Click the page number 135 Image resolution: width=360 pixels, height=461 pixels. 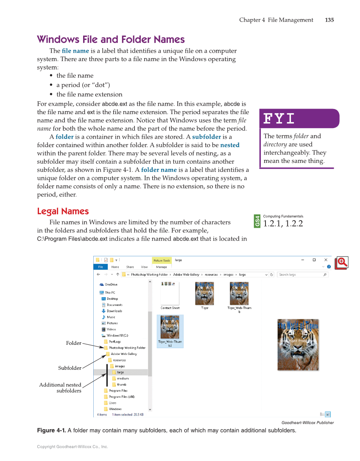pos(329,20)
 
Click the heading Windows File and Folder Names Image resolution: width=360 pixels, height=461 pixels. pos(111,39)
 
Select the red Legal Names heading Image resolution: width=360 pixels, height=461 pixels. pos(63,211)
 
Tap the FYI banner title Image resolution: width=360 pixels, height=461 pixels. pos(279,118)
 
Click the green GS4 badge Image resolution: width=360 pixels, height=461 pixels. pos(257,221)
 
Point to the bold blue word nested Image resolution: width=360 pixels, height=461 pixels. pos(229,145)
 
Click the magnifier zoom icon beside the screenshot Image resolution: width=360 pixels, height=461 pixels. pos(341,263)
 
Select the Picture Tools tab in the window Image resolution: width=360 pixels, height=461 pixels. pos(162,260)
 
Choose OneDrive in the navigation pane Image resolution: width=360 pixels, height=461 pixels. pos(111,285)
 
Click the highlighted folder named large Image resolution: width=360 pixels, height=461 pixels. pos(120,372)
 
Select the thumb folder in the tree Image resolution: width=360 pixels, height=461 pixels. pos(121,385)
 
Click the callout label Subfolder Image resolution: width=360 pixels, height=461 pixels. pos(70,368)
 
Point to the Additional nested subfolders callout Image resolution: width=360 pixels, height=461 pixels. pos(60,388)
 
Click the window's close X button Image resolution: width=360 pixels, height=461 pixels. pos(326,260)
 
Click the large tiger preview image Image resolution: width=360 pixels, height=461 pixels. pos(298,344)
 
